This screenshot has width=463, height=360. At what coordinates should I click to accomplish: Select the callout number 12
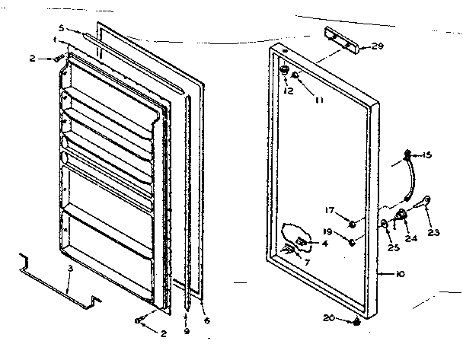tap(288, 91)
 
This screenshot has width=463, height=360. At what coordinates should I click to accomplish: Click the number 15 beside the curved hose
tap(426, 155)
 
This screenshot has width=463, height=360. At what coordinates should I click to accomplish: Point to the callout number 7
tap(306, 263)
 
